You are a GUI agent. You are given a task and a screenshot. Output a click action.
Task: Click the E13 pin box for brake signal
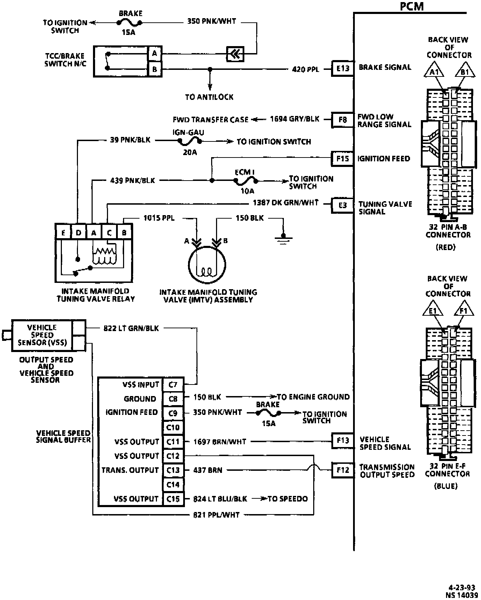click(343, 69)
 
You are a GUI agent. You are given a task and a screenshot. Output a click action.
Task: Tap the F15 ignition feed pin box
click(343, 159)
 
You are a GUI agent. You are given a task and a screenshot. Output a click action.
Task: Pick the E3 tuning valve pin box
click(343, 205)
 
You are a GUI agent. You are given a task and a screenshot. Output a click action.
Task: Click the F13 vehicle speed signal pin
click(343, 441)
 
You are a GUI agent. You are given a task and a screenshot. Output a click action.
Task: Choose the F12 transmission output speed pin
click(343, 470)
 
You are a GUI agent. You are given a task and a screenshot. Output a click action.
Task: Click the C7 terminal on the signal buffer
click(173, 385)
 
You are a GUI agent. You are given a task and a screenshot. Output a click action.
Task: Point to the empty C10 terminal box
click(173, 427)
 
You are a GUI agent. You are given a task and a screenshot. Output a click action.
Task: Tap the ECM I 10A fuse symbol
click(246, 181)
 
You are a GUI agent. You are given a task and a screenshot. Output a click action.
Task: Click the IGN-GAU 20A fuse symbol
click(189, 141)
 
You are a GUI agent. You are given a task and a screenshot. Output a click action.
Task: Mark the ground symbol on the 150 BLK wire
click(283, 239)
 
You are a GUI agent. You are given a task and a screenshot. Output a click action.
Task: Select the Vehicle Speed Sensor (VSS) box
click(42, 335)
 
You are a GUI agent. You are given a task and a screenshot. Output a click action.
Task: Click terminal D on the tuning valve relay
click(79, 233)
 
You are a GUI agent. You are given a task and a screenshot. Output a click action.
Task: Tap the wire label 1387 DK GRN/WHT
click(286, 203)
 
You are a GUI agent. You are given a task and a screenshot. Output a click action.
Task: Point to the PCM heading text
click(412, 6)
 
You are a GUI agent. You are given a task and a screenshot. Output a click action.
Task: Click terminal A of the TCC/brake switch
click(154, 53)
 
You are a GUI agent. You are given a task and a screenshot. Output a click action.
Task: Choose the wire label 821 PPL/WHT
click(216, 514)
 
